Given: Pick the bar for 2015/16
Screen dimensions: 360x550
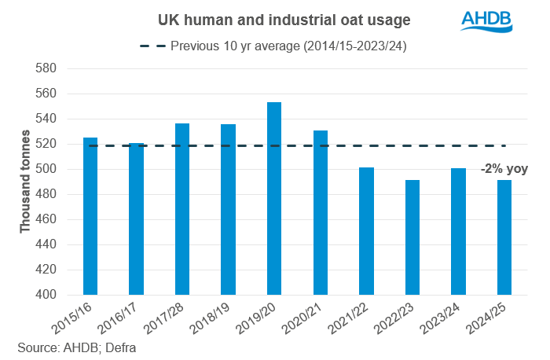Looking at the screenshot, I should [90, 216].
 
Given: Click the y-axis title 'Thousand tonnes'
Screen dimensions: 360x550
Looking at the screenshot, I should [25, 182].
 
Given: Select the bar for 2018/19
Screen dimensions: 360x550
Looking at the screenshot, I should [228, 209].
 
